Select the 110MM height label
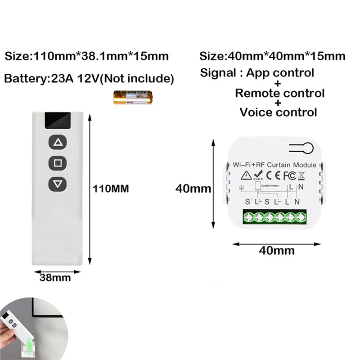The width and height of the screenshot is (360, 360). click(111, 189)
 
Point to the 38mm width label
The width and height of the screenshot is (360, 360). click(55, 277)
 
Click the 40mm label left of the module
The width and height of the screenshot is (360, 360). click(193, 189)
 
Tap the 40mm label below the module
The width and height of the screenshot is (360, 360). click(277, 250)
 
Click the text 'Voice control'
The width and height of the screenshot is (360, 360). click(278, 112)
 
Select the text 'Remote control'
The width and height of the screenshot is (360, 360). click(279, 93)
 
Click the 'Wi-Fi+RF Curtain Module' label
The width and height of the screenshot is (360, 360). click(274, 165)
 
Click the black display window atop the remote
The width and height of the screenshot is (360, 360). click(58, 120)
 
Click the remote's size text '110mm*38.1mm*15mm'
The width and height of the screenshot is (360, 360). click(87, 57)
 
